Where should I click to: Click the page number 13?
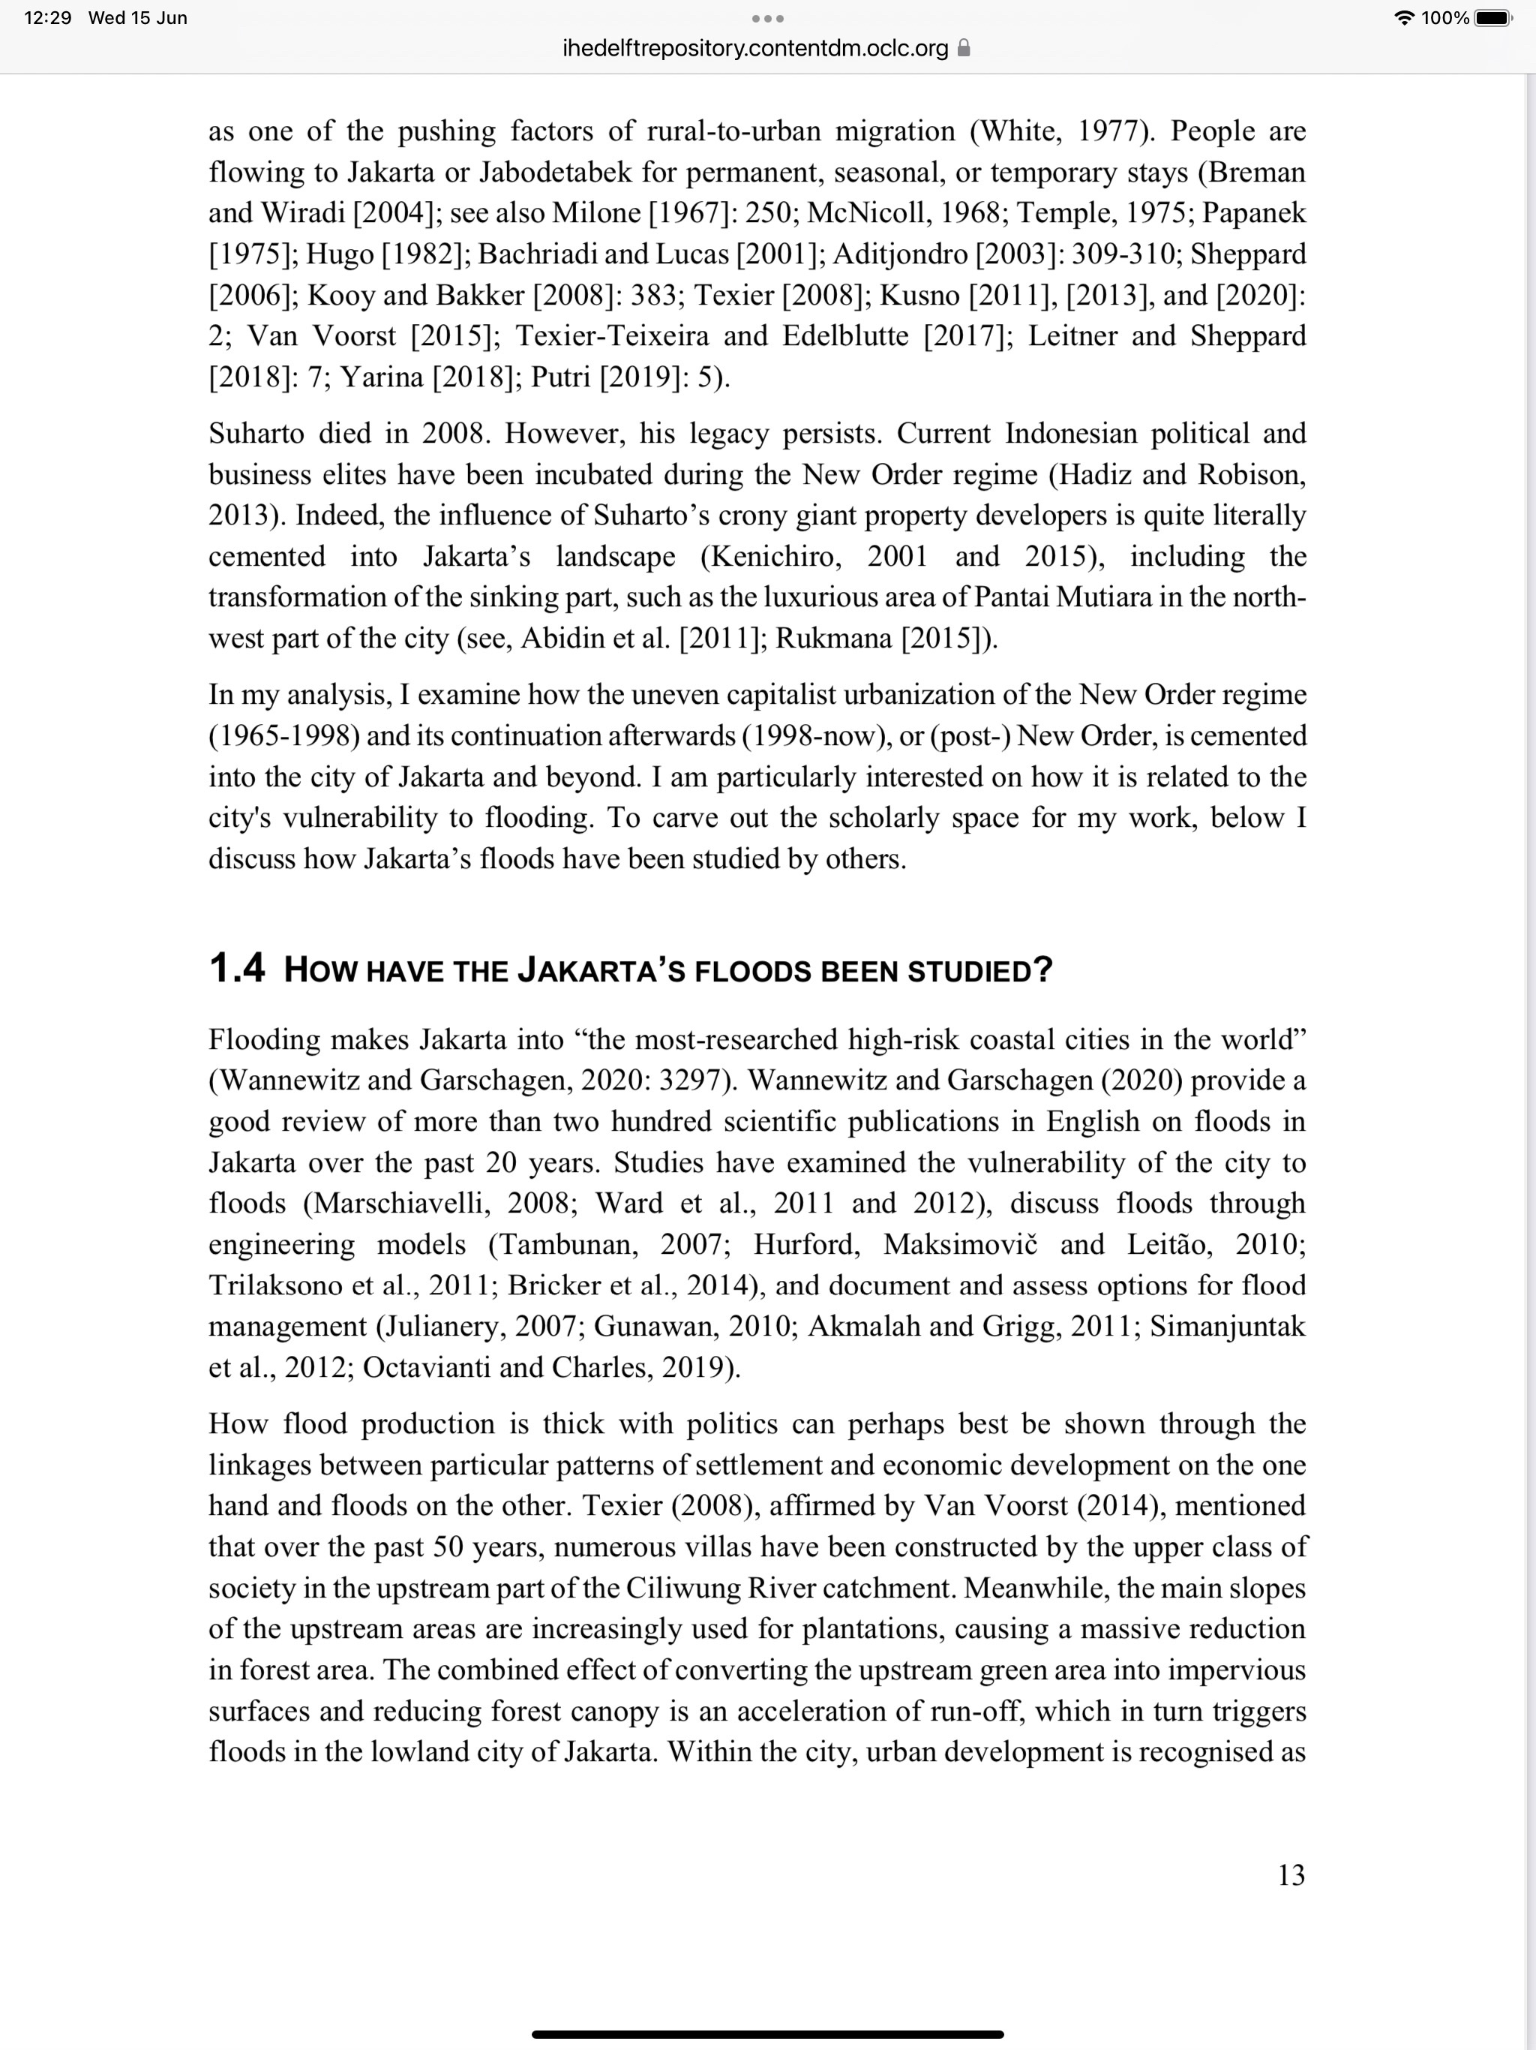(x=1291, y=1875)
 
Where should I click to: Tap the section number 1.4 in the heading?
(x=237, y=969)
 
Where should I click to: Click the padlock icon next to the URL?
(x=964, y=48)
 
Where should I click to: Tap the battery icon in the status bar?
(x=1492, y=17)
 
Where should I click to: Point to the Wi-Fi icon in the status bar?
(x=1405, y=17)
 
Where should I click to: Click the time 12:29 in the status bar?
(x=47, y=17)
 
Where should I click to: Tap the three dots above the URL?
(x=768, y=19)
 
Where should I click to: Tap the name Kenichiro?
(x=773, y=557)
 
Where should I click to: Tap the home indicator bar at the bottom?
(x=768, y=2034)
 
